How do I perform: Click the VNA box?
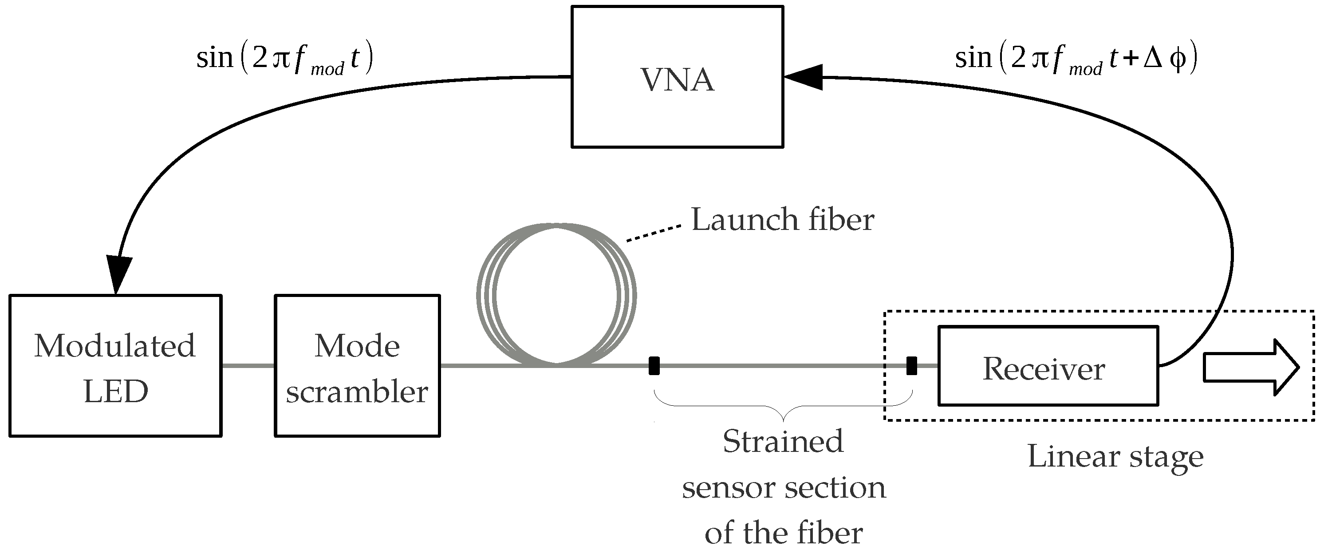pos(677,77)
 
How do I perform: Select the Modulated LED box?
pos(115,365)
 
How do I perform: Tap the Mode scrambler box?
pos(357,365)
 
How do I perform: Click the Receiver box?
pos(1048,365)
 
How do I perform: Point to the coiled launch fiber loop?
pos(556,295)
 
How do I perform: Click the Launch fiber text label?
pos(782,220)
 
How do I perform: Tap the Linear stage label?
pos(1115,456)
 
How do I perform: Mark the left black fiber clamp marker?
pos(654,365)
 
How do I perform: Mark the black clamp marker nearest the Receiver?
pos(911,365)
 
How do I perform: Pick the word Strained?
pos(783,441)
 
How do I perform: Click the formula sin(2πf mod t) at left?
pos(284,58)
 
